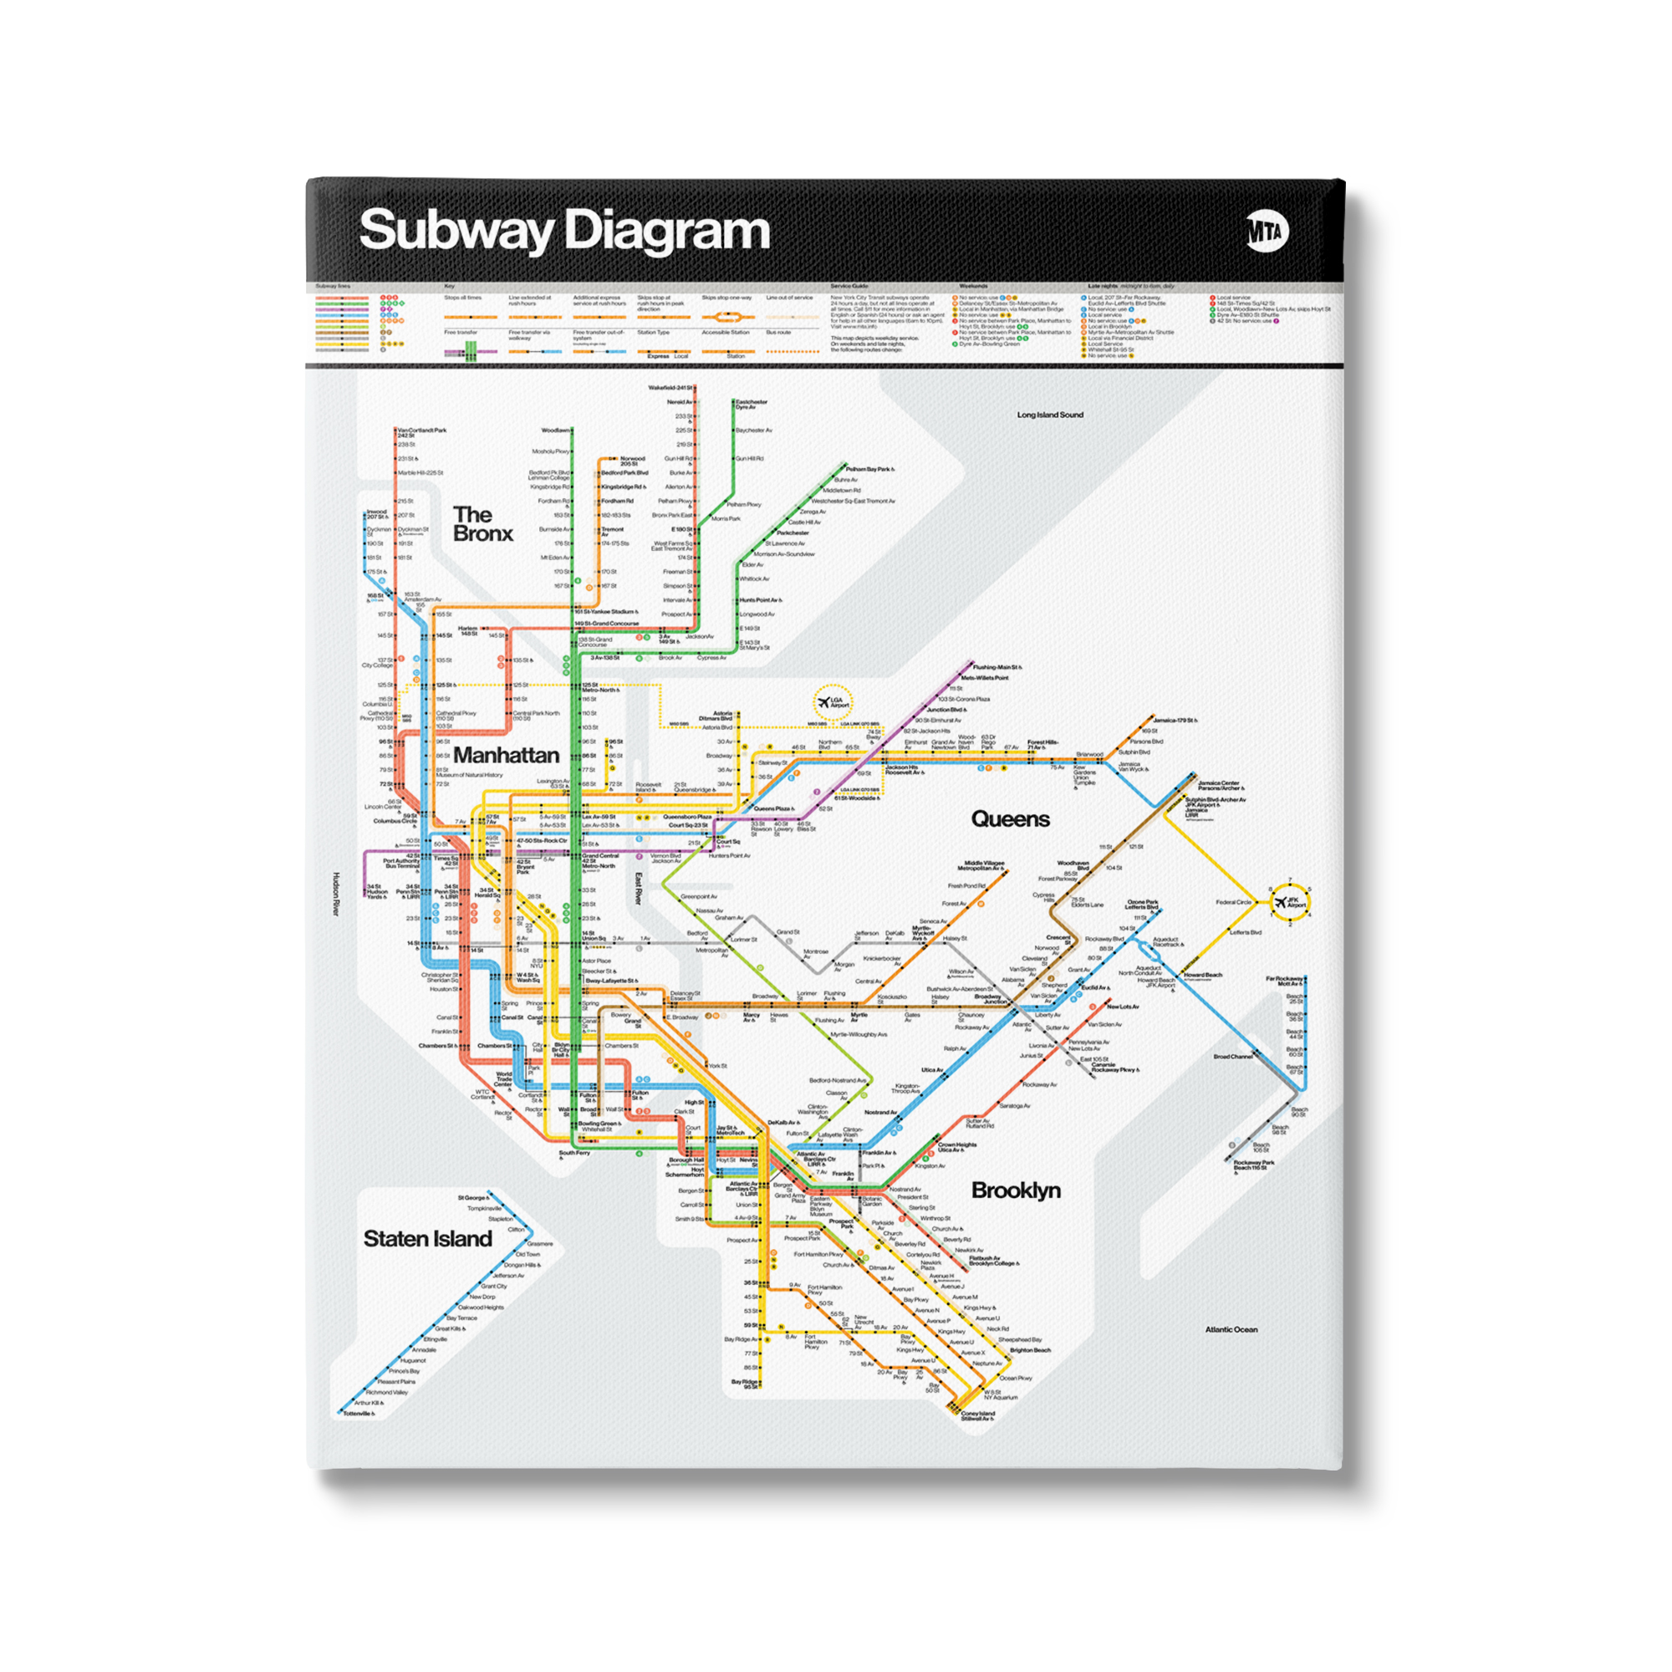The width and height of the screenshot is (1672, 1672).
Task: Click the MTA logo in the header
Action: tap(1268, 231)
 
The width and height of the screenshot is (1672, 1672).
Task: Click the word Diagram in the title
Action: tap(666, 232)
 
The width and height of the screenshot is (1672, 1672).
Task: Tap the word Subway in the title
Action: tap(456, 232)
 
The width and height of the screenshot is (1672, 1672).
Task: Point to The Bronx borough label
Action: tap(482, 524)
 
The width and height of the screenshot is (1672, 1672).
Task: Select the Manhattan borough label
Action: tap(507, 756)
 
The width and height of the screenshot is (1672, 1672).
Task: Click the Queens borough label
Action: tap(1010, 818)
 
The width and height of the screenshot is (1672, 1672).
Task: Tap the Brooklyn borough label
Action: tap(1015, 1190)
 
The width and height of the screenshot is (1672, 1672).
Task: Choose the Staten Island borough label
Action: tap(427, 1238)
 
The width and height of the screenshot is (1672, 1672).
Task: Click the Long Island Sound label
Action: tap(1050, 415)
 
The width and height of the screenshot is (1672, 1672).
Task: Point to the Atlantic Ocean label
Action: tap(1231, 1329)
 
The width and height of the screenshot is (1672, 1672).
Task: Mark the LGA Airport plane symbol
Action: tap(824, 703)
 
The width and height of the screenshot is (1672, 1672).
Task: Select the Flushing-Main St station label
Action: tap(997, 667)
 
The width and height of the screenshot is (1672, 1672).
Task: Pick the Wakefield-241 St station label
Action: tap(670, 388)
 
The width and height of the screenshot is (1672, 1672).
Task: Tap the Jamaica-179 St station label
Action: tap(1175, 720)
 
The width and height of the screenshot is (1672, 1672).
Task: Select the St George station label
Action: tap(472, 1198)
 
